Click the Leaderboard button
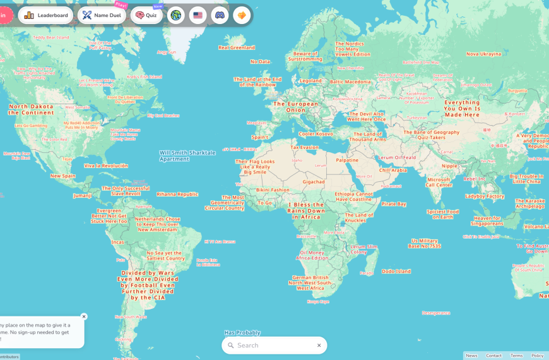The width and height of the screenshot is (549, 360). click(x=46, y=15)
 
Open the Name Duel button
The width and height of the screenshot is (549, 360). click(x=102, y=15)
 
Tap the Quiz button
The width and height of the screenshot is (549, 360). click(x=146, y=15)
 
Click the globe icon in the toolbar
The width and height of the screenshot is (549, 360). click(x=176, y=15)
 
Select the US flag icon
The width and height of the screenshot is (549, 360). click(x=198, y=15)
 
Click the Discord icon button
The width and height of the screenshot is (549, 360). click(x=220, y=15)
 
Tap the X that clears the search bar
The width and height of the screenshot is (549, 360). click(x=319, y=345)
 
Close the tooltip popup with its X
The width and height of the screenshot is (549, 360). click(x=84, y=316)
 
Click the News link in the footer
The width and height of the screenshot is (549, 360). click(x=471, y=356)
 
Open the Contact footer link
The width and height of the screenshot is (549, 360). click(x=494, y=356)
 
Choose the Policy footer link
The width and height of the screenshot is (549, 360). click(x=537, y=356)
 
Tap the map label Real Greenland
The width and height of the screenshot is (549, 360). click(x=237, y=47)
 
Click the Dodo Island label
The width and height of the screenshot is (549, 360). click(x=396, y=272)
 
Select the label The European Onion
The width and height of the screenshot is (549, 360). click(x=296, y=107)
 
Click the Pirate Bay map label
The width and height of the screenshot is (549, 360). click(x=394, y=204)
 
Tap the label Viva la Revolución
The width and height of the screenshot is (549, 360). click(x=106, y=165)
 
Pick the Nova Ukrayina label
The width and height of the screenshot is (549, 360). click(x=484, y=54)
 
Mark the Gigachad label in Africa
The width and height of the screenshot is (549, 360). click(x=314, y=182)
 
